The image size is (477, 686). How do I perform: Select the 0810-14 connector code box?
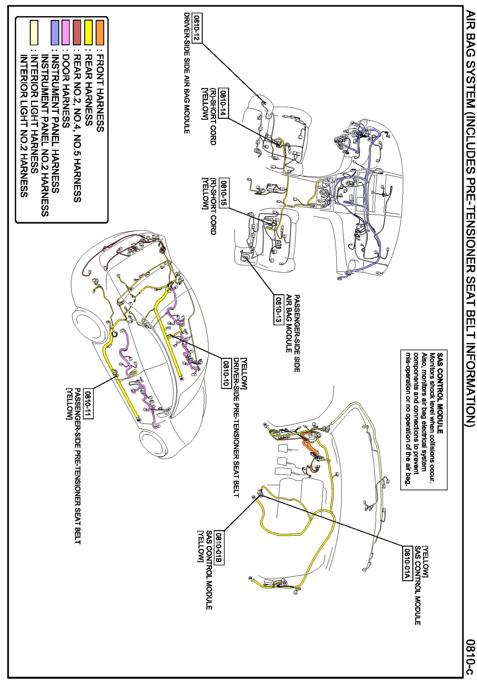click(223, 103)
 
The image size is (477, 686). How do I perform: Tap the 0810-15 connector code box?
click(223, 193)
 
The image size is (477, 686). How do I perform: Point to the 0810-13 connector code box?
click(278, 309)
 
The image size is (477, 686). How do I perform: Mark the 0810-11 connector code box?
click(89, 404)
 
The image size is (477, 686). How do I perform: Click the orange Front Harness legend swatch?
click(100, 33)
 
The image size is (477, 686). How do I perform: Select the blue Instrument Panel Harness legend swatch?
click(55, 33)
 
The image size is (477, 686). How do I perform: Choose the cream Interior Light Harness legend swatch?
click(34, 33)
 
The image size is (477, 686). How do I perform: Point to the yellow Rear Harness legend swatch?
click(88, 33)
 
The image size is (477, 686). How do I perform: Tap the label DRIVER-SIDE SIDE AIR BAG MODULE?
click(186, 73)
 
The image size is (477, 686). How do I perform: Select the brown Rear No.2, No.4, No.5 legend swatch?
click(77, 33)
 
